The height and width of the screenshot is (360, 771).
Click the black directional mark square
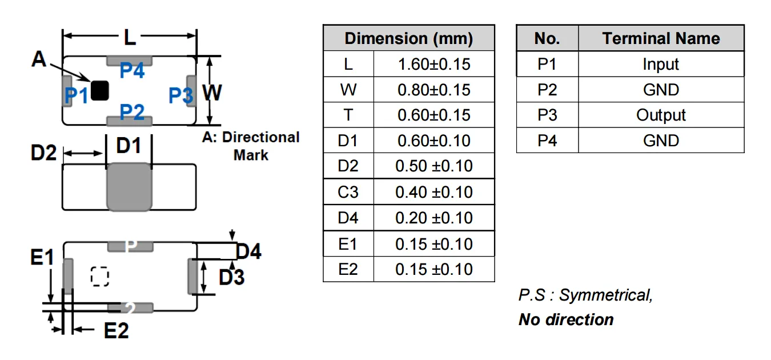point(100,91)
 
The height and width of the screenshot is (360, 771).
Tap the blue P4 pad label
point(132,71)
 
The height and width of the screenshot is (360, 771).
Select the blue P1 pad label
point(76,96)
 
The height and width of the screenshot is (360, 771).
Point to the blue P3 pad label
point(180,96)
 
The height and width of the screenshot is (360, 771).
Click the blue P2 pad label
point(132,112)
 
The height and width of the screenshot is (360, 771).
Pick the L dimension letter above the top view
point(130,38)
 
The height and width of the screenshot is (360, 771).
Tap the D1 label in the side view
point(128,146)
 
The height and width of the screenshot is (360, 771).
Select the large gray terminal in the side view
point(130,187)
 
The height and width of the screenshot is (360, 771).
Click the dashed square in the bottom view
point(100,276)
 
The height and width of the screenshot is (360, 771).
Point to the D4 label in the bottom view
point(248,251)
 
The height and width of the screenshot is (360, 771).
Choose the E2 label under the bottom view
point(116,330)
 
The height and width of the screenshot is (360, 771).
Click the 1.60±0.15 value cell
point(434,64)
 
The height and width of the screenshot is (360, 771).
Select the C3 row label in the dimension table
point(348,192)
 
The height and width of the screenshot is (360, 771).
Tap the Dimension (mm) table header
point(408,39)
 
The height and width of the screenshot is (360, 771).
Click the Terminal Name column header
point(661,39)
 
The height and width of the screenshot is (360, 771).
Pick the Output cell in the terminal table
point(661,115)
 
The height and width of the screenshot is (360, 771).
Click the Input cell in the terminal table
point(661,65)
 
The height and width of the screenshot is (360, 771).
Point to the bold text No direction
point(566,319)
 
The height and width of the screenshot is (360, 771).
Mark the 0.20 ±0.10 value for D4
point(434,218)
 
